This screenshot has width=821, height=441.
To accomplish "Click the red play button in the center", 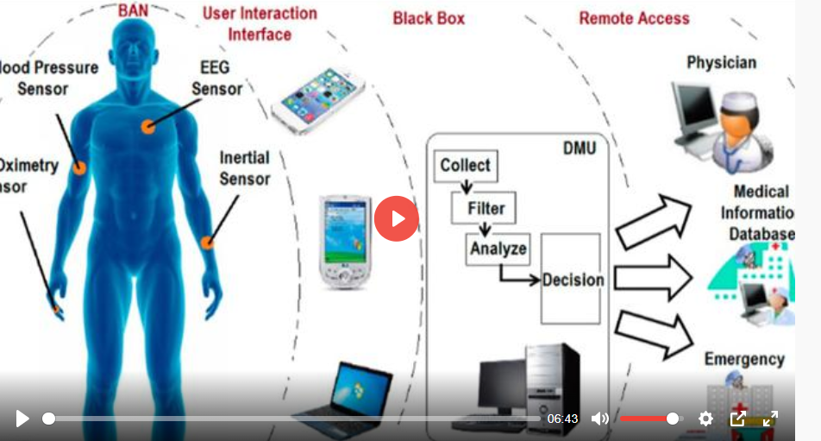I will point(396,218).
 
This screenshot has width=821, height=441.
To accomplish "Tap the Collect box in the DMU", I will point(466,165).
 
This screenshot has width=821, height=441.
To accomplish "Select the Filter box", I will point(486,208).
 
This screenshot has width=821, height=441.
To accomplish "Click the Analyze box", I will point(498,249).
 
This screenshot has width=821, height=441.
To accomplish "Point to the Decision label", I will point(573,280).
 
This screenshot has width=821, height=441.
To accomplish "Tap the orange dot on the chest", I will point(148,127).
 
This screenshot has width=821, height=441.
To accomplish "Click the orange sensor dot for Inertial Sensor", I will point(207,243).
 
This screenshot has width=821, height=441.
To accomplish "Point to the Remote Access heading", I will point(634,18).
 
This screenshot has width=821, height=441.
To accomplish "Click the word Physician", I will point(721,62).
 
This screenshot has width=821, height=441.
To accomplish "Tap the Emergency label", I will point(743,358).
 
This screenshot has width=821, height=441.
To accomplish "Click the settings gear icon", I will point(705,419).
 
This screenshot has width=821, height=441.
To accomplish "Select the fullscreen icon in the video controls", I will point(770,419).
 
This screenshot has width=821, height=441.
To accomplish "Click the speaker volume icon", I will point(599,419).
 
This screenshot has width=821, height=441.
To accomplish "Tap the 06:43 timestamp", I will point(562,419).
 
